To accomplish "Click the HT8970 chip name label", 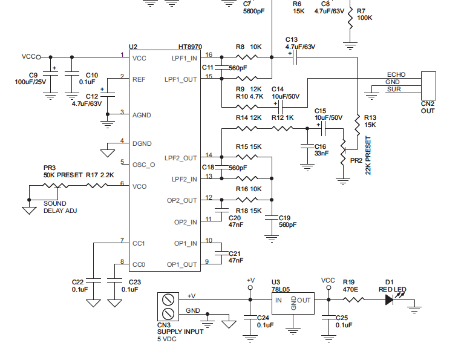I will coord(190,47).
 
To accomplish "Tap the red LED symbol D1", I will coord(390,299).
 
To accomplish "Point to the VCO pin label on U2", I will coord(140,186).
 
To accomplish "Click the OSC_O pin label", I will coord(144,164).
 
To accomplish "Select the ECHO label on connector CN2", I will coord(396,74).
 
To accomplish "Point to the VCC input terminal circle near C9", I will coord(38,57).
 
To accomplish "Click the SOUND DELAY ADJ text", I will coord(60,207).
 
